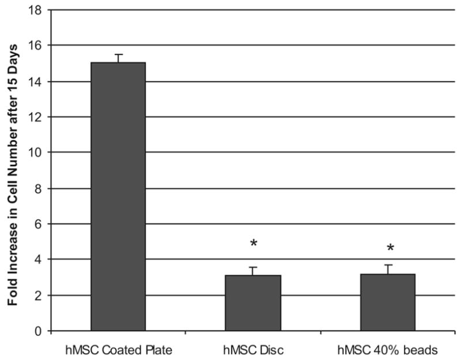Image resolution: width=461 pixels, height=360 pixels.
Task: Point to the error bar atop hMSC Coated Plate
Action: (x=118, y=58)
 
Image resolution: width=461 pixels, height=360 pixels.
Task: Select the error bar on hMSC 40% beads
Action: (x=388, y=269)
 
